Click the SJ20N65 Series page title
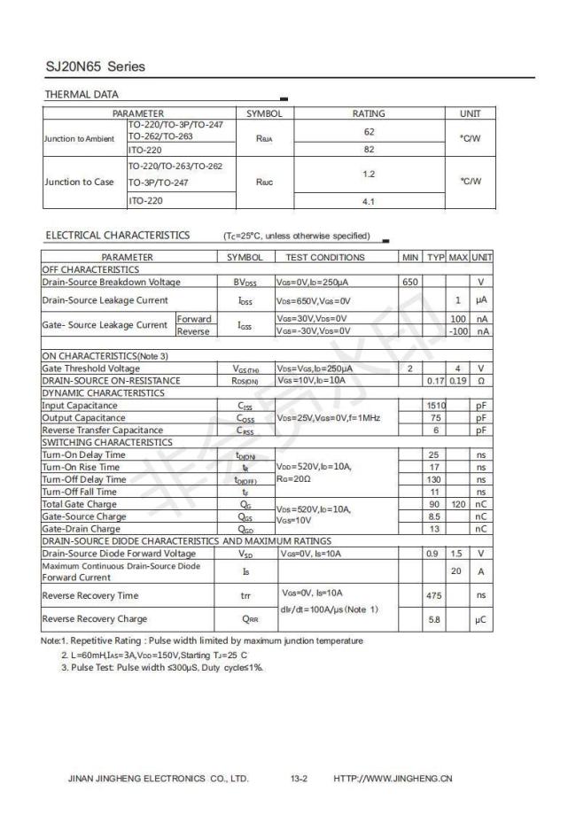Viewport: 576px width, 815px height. pyautogui.click(x=95, y=66)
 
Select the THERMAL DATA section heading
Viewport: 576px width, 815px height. pyautogui.click(x=82, y=95)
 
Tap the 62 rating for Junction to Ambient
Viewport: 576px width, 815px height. pyautogui.click(x=369, y=131)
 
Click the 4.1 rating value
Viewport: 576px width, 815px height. pyautogui.click(x=369, y=201)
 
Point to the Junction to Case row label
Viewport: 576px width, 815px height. pyautogui.click(x=80, y=182)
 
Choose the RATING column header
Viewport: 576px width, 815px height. pyautogui.click(x=369, y=113)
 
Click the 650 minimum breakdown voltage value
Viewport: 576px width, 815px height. pyautogui.click(x=409, y=282)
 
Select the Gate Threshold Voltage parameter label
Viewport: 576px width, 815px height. pyautogui.click(x=90, y=369)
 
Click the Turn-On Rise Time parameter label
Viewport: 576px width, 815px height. pyautogui.click(x=81, y=467)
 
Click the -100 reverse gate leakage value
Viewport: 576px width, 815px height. pyautogui.click(x=457, y=331)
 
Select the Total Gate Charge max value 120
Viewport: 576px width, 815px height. pyautogui.click(x=458, y=504)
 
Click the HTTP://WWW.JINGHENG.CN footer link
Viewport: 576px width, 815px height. pyautogui.click(x=393, y=780)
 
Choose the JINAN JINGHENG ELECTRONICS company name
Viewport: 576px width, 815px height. pyautogui.click(x=159, y=780)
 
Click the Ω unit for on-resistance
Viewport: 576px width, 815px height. pyautogui.click(x=480, y=381)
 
